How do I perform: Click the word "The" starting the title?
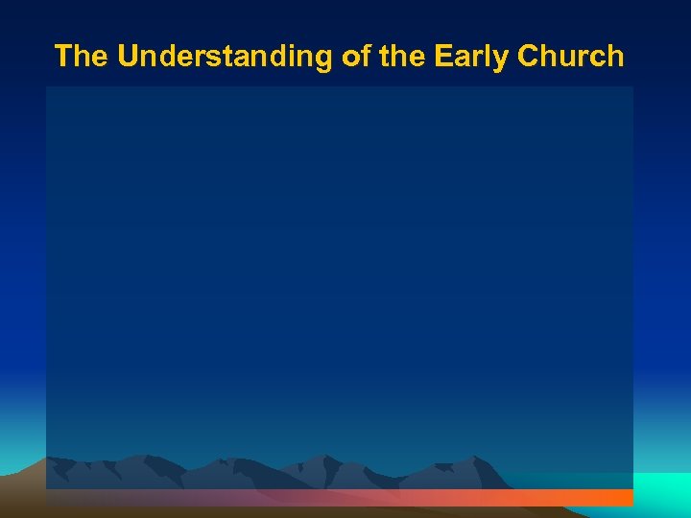pyautogui.click(x=81, y=57)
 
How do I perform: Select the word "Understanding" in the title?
pyautogui.click(x=226, y=57)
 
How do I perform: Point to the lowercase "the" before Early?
pyautogui.click(x=401, y=57)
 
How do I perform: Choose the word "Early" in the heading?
pyautogui.click(x=471, y=57)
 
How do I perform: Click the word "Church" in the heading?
pyautogui.click(x=570, y=57)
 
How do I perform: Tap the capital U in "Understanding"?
pyautogui.click(x=129, y=57)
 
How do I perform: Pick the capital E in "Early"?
pyautogui.click(x=443, y=57)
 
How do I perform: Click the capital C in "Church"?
pyautogui.click(x=528, y=57)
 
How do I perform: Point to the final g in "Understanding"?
pyautogui.click(x=324, y=59)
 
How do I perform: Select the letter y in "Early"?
pyautogui.click(x=501, y=59)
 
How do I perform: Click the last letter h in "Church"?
pyautogui.click(x=615, y=57)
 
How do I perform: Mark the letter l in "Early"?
pyautogui.click(x=489, y=57)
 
